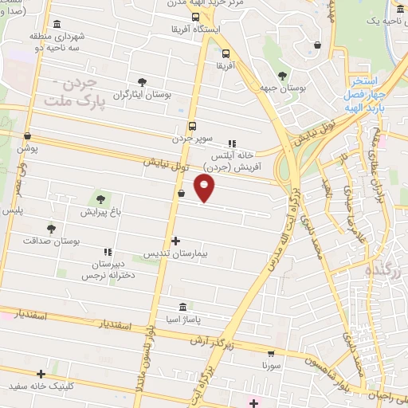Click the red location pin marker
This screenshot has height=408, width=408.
tap(206, 188)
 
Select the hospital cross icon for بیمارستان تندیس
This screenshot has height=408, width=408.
tap(175, 241)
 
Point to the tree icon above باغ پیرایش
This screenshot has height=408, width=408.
tap(100, 200)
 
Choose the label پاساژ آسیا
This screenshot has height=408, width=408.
tap(183, 320)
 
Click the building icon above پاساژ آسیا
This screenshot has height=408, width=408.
tap(183, 308)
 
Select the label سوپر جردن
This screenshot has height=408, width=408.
tap(191, 138)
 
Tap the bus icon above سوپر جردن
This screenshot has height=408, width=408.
tap(192, 125)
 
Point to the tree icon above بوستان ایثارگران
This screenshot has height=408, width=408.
tap(142, 82)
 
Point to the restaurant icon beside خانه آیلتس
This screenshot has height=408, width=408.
tap(232, 144)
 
